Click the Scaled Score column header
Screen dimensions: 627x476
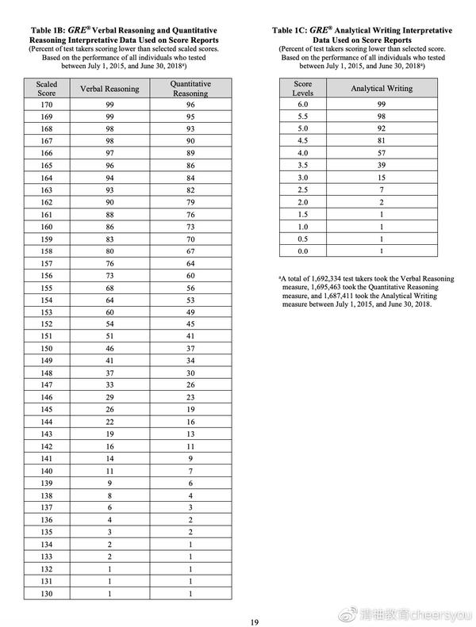(47, 88)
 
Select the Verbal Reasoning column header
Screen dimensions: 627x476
(109, 89)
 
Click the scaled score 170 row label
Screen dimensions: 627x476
(47, 103)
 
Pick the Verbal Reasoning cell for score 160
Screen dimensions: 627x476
(109, 226)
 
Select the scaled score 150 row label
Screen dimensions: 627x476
(47, 348)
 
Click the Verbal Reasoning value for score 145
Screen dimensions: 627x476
(109, 410)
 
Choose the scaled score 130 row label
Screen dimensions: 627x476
(47, 594)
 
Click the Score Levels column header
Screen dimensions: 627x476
(302, 88)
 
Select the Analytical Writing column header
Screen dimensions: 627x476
(382, 89)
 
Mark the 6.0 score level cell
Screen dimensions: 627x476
(302, 104)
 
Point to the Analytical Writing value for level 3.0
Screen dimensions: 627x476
(382, 178)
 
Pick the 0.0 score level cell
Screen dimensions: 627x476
(302, 250)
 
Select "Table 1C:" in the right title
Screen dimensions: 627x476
(292, 29)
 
